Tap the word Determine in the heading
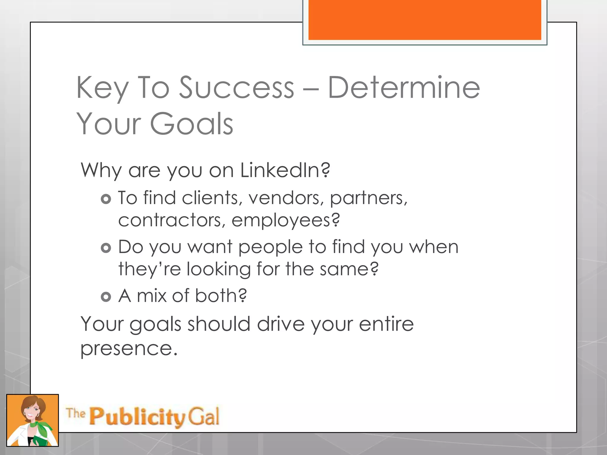[x=404, y=88]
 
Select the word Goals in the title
[x=192, y=124]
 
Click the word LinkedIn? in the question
[x=285, y=170]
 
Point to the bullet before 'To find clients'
[x=106, y=199]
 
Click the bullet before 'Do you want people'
[x=106, y=248]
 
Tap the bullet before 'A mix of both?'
[x=106, y=297]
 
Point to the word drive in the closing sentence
[x=281, y=324]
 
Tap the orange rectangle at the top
[x=425, y=20]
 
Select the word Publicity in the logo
[x=137, y=417]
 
